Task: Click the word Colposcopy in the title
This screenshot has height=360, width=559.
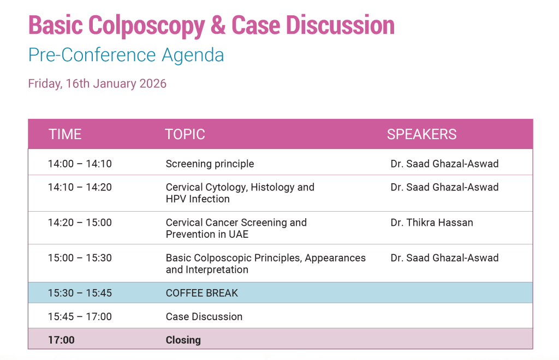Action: coord(146,26)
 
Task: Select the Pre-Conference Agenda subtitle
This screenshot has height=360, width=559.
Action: coord(126,55)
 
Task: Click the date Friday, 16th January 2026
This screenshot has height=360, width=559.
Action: coord(97,83)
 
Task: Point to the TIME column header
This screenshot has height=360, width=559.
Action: coord(65,134)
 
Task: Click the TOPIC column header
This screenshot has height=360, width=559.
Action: coord(185,134)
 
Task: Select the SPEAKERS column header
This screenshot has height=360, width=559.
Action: coord(422,134)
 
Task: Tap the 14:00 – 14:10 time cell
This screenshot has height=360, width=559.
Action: coord(80,164)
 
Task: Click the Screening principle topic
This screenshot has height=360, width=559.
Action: coord(210,164)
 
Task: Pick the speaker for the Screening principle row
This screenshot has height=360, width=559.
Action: coord(444,164)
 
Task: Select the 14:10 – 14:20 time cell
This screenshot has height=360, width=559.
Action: coord(80,187)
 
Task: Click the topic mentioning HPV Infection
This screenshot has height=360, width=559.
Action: coord(240,193)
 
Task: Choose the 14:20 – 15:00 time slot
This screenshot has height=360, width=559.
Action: coord(80,223)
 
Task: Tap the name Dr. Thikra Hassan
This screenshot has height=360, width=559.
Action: coord(432,223)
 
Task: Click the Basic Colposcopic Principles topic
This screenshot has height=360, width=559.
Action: coord(266,263)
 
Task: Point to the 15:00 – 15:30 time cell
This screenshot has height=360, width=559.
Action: coord(80,258)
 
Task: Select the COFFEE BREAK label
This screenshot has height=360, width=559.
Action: coord(202,293)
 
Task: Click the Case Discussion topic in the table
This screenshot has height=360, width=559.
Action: coord(204,316)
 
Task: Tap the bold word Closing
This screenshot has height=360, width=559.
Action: coord(183,340)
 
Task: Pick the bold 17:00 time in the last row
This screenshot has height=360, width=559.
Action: coord(61,340)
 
